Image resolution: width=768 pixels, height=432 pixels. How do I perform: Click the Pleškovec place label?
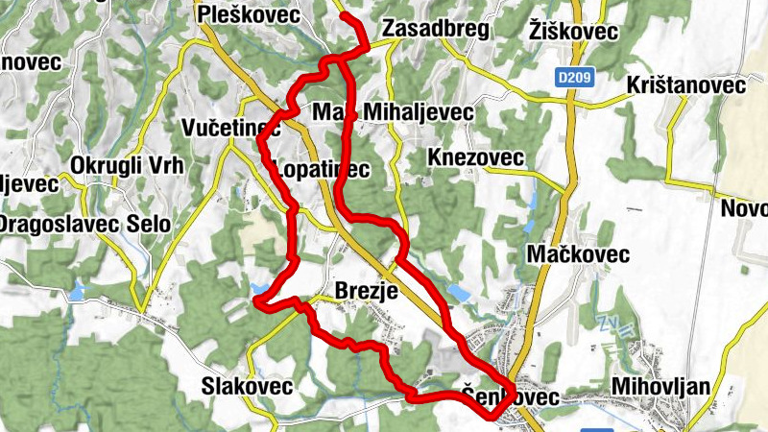[x=247, y=14]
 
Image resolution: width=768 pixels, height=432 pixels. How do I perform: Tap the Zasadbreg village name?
[x=435, y=30]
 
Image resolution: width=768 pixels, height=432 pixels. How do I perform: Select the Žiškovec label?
[x=573, y=31]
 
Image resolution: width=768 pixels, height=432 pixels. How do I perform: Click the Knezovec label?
[x=476, y=157]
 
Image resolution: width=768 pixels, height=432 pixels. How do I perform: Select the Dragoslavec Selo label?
[x=84, y=224]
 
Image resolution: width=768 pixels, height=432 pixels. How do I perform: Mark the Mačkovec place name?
[x=578, y=254]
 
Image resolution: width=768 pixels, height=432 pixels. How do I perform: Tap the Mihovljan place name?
[x=660, y=387]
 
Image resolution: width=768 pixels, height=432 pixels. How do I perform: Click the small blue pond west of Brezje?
[x=258, y=286]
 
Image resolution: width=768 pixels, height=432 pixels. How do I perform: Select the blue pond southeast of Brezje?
[x=459, y=291]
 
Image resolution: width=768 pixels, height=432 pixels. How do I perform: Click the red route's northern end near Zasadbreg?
[x=345, y=17]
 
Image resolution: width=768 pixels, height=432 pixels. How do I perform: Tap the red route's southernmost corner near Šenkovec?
[x=491, y=417]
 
